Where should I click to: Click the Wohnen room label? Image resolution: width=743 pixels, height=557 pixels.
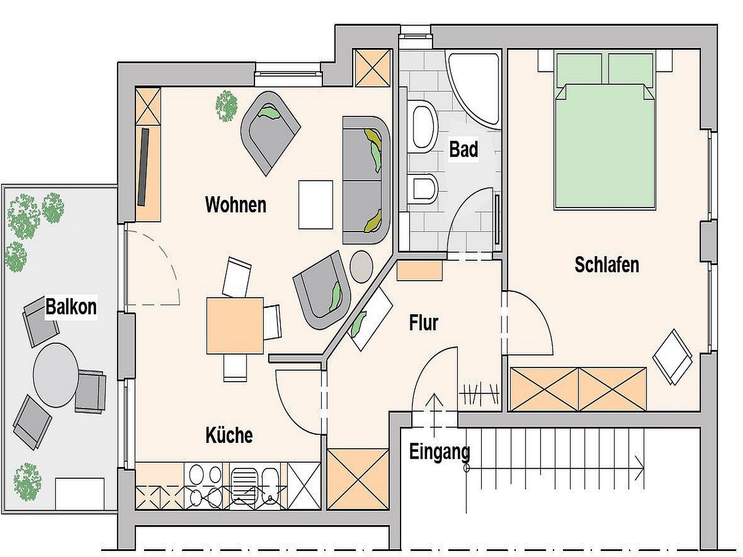click(236, 205)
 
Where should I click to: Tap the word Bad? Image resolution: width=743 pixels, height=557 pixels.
click(464, 149)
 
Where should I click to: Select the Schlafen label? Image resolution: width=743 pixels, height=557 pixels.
click(607, 265)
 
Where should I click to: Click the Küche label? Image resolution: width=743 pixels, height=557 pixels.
click(229, 435)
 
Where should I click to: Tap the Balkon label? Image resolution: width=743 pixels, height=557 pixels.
click(71, 307)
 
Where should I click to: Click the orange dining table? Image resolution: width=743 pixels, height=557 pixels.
click(235, 326)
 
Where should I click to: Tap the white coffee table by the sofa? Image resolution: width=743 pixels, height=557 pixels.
click(316, 205)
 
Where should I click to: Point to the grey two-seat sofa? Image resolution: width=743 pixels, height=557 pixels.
click(366, 180)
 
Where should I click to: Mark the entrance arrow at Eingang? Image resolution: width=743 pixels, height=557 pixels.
click(434, 415)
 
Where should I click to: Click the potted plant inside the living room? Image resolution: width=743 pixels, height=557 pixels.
click(227, 106)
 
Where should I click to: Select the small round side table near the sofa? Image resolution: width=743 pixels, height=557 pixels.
click(361, 267)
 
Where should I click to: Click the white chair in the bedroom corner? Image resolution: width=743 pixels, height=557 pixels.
click(672, 357)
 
